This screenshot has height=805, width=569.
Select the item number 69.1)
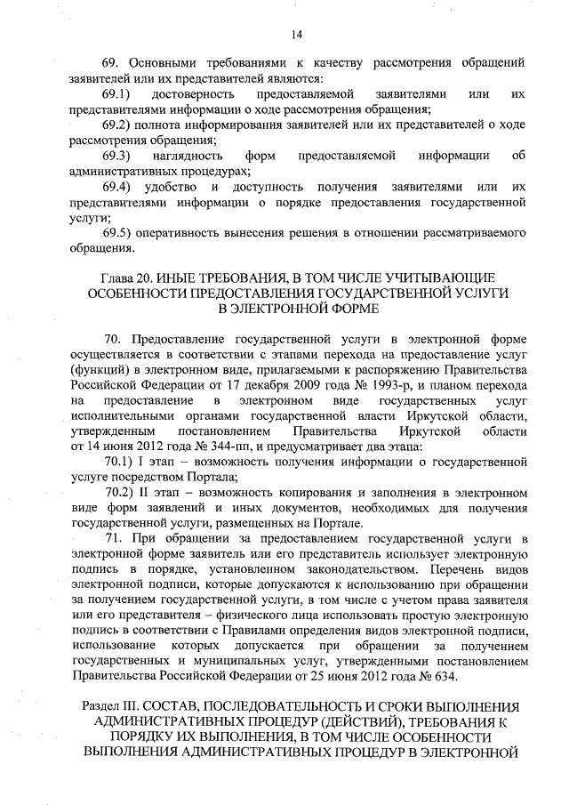point(117,93)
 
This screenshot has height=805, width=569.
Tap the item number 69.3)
point(117,157)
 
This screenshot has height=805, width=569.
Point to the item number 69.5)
point(117,233)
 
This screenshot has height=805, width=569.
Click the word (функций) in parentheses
point(100,369)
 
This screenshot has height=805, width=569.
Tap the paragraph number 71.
point(113,541)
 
